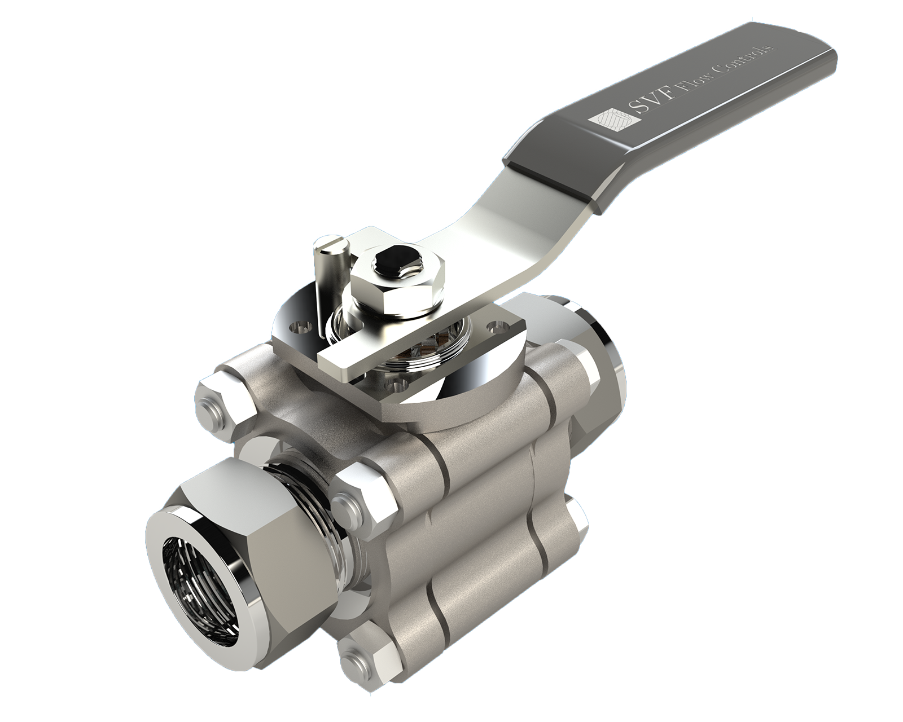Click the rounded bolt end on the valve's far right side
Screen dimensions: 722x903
click(578, 519)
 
